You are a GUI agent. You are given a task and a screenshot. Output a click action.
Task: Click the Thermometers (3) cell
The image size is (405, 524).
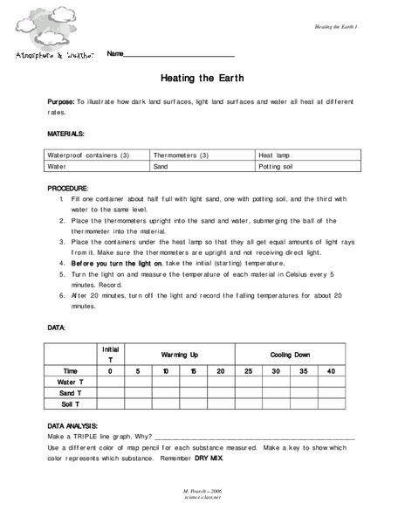pyautogui.click(x=181, y=155)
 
